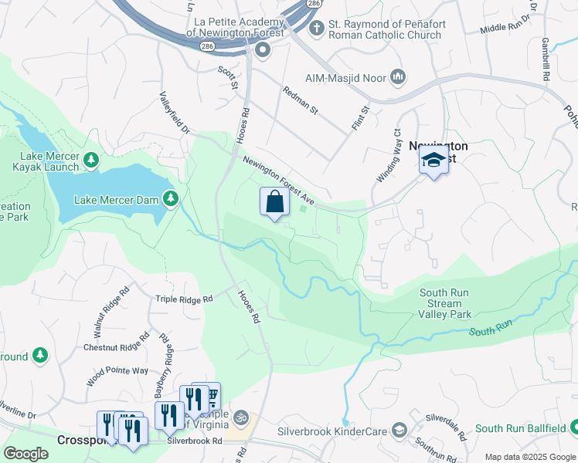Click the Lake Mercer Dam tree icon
click(x=170, y=199)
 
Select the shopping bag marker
click(x=274, y=202)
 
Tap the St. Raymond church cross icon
click(x=315, y=29)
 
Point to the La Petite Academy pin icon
click(x=263, y=52)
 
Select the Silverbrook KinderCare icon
click(x=399, y=429)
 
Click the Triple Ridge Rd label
click(x=184, y=299)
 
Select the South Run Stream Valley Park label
click(x=445, y=303)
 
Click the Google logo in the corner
click(x=25, y=454)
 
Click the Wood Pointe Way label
click(x=117, y=370)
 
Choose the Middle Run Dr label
click(x=507, y=22)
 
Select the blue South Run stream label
click(x=491, y=330)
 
